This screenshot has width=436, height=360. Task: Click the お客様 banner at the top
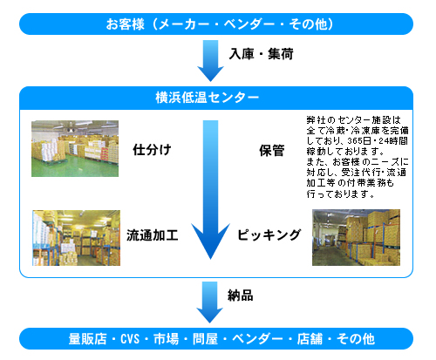[x=216, y=24]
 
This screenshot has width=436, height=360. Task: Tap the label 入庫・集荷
[x=261, y=54]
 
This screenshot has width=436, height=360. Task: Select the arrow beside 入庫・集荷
[x=210, y=61]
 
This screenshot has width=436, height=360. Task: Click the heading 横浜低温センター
[x=207, y=98]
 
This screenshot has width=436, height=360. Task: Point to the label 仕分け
[x=152, y=150]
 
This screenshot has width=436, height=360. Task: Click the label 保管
[x=272, y=151]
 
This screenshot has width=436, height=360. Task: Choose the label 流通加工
[x=153, y=235]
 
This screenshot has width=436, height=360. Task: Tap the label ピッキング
[x=269, y=234]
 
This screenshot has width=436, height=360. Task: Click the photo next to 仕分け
[x=75, y=148]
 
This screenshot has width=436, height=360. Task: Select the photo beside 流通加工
[x=76, y=238]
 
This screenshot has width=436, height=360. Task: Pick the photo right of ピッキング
[x=356, y=237]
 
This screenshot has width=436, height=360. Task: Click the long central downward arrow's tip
[x=210, y=259]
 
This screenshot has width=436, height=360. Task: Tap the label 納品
[x=241, y=295]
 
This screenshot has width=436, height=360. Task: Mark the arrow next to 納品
[x=210, y=302]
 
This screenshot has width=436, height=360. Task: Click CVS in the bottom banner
[x=130, y=339]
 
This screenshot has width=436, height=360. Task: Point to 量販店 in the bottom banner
[x=88, y=339]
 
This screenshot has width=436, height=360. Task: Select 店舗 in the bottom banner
[x=310, y=339]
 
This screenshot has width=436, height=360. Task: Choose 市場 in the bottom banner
[x=167, y=339]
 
